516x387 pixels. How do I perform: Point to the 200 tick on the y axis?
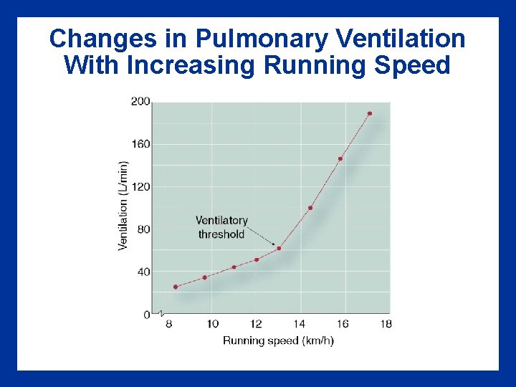(x=140, y=102)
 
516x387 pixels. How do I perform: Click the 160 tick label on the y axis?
(x=140, y=144)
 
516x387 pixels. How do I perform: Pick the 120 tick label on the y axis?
(x=140, y=186)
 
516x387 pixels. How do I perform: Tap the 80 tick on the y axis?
(x=143, y=229)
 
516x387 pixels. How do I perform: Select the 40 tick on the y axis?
(x=143, y=272)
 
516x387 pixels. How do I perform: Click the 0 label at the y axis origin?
(x=146, y=315)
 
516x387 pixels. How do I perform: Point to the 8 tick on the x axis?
(x=169, y=324)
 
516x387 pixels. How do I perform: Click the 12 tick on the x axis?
(x=256, y=324)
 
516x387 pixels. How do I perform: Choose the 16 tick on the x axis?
(x=343, y=324)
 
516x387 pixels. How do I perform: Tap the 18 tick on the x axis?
(x=386, y=324)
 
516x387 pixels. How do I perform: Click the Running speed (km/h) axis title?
(x=278, y=340)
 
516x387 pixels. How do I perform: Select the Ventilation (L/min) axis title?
(x=123, y=205)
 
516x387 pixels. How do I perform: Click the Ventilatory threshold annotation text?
(x=221, y=227)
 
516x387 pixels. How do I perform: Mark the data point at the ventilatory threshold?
(x=279, y=248)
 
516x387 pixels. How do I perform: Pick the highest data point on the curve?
(x=370, y=113)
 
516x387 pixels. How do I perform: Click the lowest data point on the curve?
(x=175, y=287)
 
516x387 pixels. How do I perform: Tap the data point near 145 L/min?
(x=340, y=158)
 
